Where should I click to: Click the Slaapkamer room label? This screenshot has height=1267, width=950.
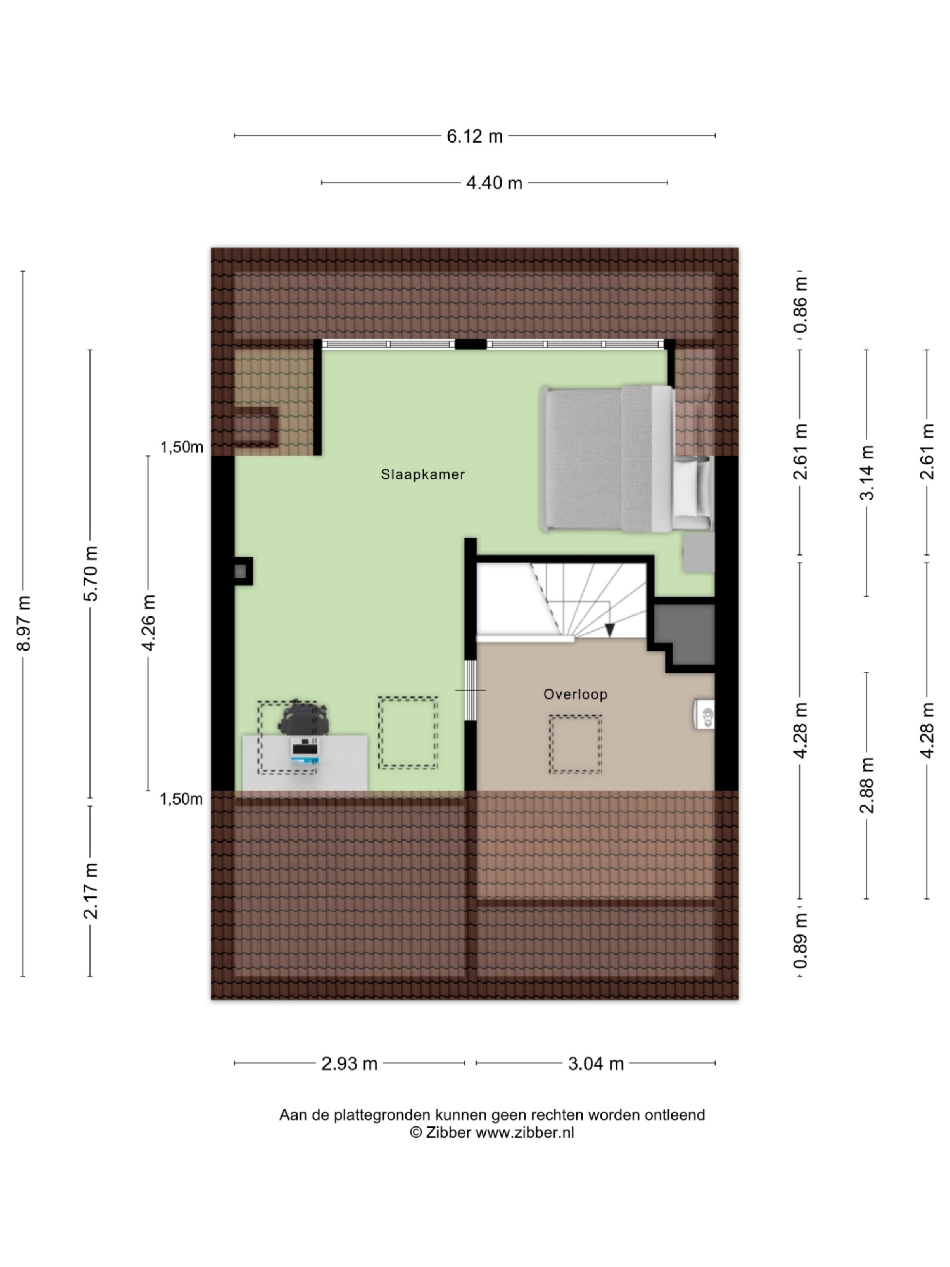pyautogui.click(x=423, y=474)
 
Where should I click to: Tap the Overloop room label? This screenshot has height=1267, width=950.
pyautogui.click(x=575, y=694)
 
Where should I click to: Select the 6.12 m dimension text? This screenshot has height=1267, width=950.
pyautogui.click(x=474, y=136)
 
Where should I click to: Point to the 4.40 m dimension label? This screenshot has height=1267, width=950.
pyautogui.click(x=494, y=183)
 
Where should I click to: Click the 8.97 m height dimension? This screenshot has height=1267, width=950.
pyautogui.click(x=23, y=623)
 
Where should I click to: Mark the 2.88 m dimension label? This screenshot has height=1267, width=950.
pyautogui.click(x=867, y=785)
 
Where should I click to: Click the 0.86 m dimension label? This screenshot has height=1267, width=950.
pyautogui.click(x=800, y=305)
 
